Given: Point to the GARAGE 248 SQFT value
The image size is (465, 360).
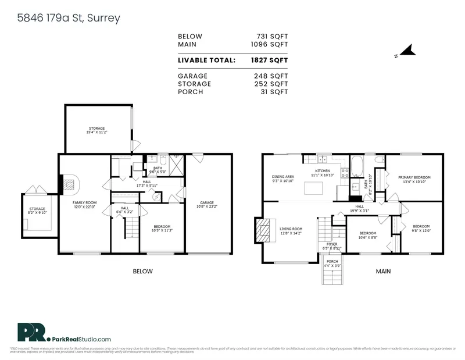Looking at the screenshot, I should coord(271,76).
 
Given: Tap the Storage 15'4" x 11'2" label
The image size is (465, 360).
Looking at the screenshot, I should coord(97,130).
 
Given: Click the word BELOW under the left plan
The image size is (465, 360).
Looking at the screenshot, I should coord(142,271).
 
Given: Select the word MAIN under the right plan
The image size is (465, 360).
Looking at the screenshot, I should coord(382,271).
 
